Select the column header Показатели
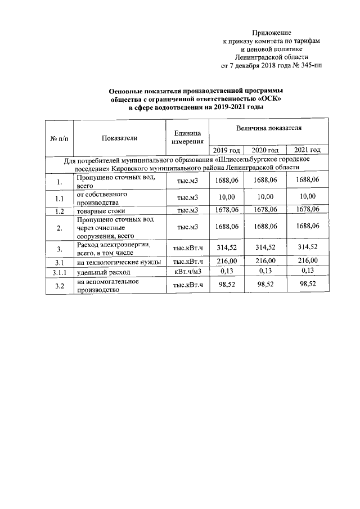[x=119, y=138]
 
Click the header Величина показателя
[x=269, y=128]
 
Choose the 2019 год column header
[x=227, y=150]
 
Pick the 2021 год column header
[x=307, y=150]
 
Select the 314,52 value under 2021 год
[x=307, y=246]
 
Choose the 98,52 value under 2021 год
[x=307, y=285]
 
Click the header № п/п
[x=59, y=138]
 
